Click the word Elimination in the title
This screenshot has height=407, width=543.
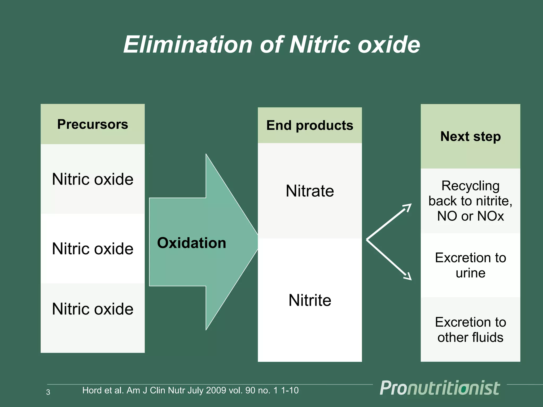188,45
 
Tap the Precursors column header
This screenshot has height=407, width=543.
93,124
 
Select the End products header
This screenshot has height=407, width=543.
310,125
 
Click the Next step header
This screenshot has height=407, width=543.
470,136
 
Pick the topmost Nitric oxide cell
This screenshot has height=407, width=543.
93,179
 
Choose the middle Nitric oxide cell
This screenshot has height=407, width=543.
93,249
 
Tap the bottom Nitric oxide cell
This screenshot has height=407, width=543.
93,309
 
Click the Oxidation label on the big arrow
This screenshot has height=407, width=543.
191,243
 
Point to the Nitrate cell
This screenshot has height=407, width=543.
310,191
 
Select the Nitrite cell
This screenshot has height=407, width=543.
310,300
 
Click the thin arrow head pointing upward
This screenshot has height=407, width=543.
408,207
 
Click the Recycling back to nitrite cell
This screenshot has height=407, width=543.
470,201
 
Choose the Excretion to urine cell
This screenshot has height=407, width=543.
470,265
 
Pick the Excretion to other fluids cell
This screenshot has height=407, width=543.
470,330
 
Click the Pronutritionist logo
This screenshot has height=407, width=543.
440,388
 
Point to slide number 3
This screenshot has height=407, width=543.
48,392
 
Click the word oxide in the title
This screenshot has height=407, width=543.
389,45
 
